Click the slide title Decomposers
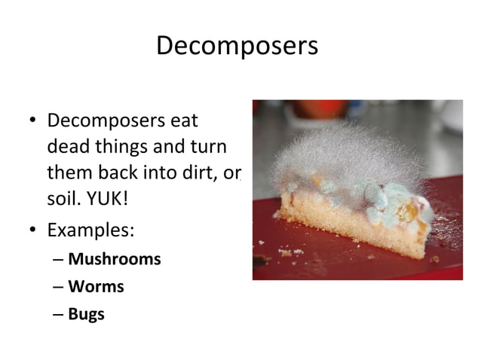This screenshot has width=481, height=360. [x=237, y=46]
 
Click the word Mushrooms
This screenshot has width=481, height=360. [x=115, y=259]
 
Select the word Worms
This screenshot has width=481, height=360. [x=96, y=286]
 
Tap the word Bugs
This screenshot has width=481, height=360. [x=86, y=313]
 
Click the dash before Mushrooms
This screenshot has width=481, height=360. [x=59, y=260]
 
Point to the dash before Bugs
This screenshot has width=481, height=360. [x=59, y=314]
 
